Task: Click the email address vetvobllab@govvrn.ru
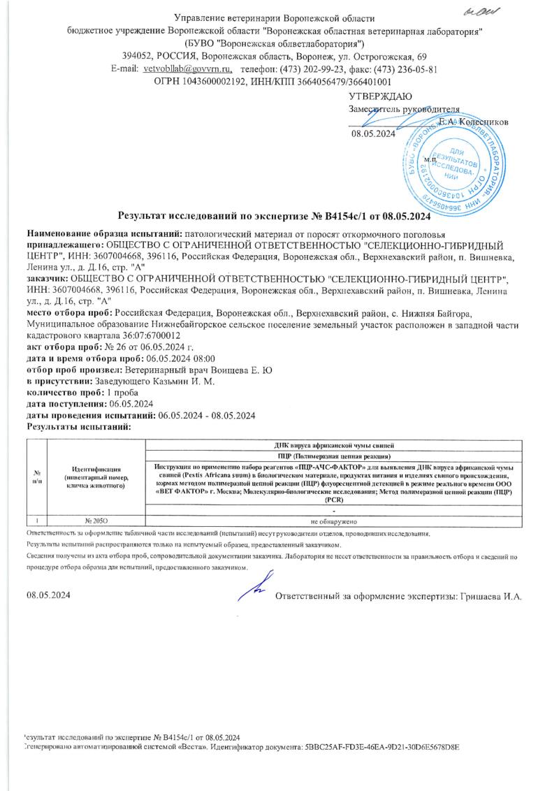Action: [x=187, y=68]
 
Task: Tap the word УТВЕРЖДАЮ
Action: [x=380, y=96]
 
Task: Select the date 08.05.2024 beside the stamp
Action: [x=373, y=135]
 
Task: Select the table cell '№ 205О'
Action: [x=96, y=521]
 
